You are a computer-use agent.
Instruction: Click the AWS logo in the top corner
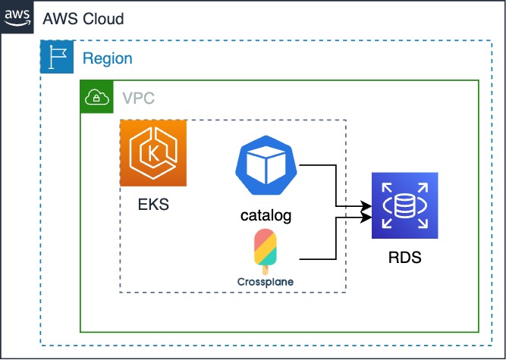coord(17,17)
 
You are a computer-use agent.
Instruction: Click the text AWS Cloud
coord(83,19)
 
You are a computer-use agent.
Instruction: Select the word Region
coord(107,58)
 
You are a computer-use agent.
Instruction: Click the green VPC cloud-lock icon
coord(96,97)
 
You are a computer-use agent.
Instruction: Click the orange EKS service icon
coord(153,152)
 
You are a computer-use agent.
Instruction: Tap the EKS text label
coord(153,204)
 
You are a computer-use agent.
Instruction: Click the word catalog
coord(266,216)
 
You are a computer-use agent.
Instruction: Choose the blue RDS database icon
coord(404,205)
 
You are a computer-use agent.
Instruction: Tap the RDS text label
coord(404,258)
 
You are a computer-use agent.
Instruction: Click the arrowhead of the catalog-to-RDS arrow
coord(366,205)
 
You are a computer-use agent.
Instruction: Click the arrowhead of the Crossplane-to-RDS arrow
coord(366,218)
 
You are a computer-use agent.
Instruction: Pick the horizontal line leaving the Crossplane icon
coord(317,260)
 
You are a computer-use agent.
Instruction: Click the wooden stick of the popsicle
coord(265,268)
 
